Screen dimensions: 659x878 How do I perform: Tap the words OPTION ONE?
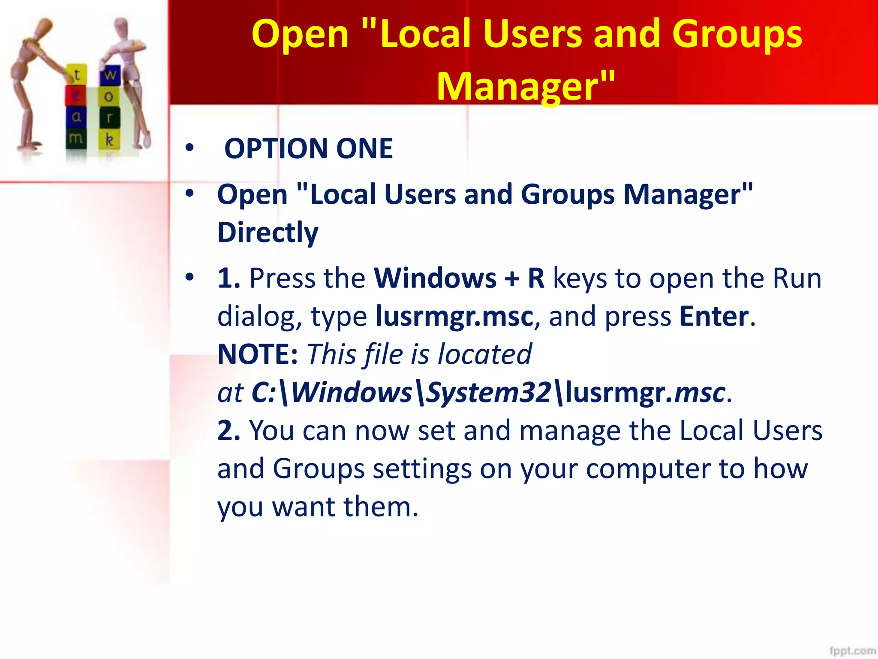pyautogui.click(x=308, y=148)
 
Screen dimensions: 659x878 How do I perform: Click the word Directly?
pyautogui.click(x=268, y=233)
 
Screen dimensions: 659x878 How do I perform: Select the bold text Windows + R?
pyautogui.click(x=459, y=278)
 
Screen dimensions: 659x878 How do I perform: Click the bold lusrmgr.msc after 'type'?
pyautogui.click(x=454, y=316)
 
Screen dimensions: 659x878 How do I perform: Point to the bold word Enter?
pyautogui.click(x=714, y=316)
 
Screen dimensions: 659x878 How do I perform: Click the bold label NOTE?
pyautogui.click(x=257, y=354)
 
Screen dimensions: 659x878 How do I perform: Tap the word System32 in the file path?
pyautogui.click(x=489, y=392)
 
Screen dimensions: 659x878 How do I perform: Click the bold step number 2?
pyautogui.click(x=229, y=430)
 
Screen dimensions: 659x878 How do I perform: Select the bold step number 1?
pyautogui.click(x=229, y=278)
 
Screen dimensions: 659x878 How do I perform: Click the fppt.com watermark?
pyautogui.click(x=852, y=650)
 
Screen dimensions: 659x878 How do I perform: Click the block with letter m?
pyautogui.click(x=76, y=138)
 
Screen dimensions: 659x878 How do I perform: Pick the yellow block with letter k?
pyautogui.click(x=109, y=139)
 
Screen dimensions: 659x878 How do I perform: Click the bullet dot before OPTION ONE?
pyautogui.click(x=189, y=148)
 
